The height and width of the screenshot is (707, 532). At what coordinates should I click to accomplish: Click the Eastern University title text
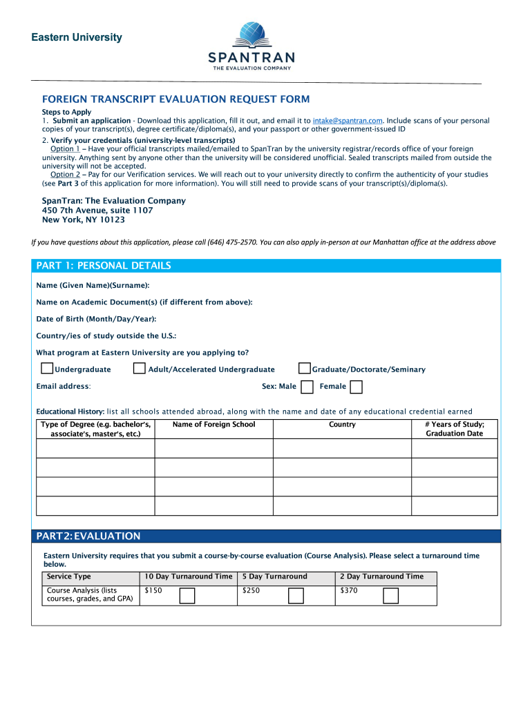point(76,37)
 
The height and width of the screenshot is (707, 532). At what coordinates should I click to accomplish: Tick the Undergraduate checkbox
point(47,369)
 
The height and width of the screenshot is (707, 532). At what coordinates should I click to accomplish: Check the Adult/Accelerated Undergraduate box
point(140,369)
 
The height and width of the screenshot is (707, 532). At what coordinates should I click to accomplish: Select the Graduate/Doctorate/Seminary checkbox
point(304,369)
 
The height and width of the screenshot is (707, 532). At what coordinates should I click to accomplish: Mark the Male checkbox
point(307,387)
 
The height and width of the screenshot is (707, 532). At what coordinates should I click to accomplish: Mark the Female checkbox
point(357,387)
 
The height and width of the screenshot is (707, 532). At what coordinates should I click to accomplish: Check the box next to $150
point(187,595)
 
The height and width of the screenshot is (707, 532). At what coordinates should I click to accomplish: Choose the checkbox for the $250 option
point(296,595)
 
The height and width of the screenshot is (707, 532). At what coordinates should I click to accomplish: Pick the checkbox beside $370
point(390,595)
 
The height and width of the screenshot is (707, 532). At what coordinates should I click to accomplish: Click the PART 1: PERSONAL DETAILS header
point(104,266)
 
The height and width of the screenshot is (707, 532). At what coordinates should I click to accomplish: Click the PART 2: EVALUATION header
point(88,536)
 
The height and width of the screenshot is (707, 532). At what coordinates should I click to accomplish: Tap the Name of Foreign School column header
point(213,425)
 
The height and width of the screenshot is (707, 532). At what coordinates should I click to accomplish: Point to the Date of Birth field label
point(96,319)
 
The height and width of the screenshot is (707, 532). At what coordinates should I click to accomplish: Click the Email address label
point(64,387)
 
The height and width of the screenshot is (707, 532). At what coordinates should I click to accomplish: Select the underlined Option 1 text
point(66,149)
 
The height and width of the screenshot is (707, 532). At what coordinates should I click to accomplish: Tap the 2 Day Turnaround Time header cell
point(381,577)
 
